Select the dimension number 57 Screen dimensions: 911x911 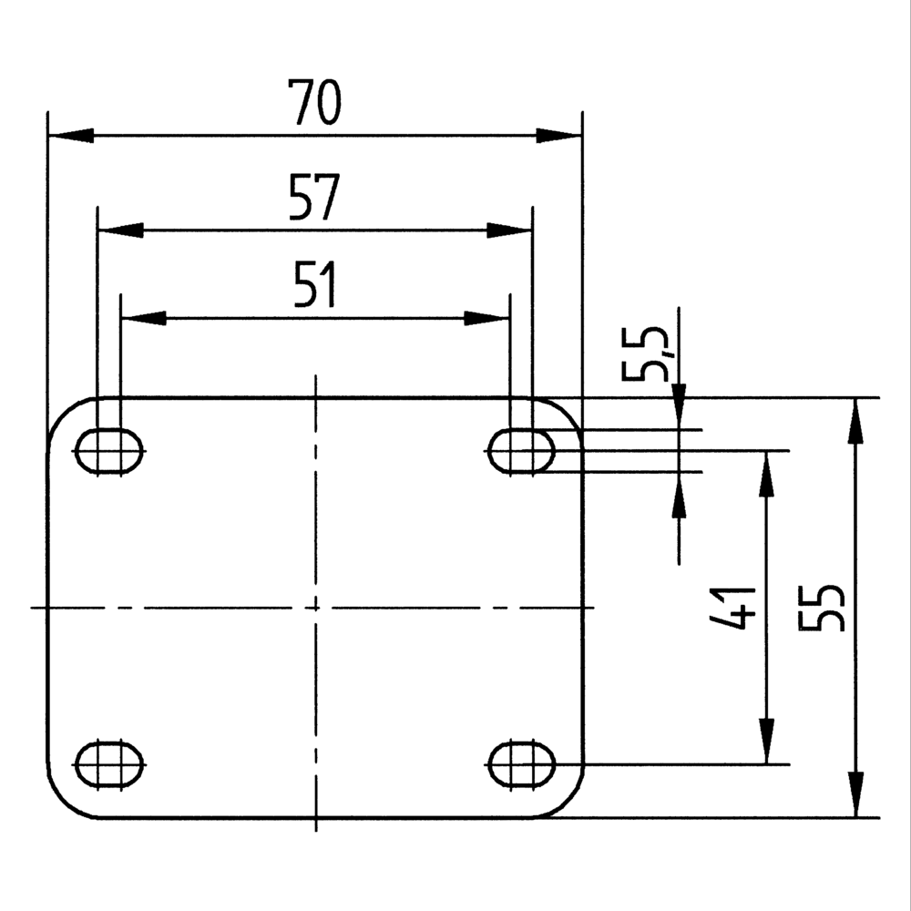(313, 198)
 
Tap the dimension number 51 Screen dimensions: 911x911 (314, 284)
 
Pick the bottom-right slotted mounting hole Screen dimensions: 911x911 (522, 763)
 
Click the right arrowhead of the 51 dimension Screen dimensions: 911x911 (486, 318)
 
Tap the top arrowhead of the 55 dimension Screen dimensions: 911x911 (855, 419)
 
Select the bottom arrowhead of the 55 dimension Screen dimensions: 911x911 (855, 794)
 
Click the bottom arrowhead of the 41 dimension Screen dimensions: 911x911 (767, 742)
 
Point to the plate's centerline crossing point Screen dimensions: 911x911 (315, 607)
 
